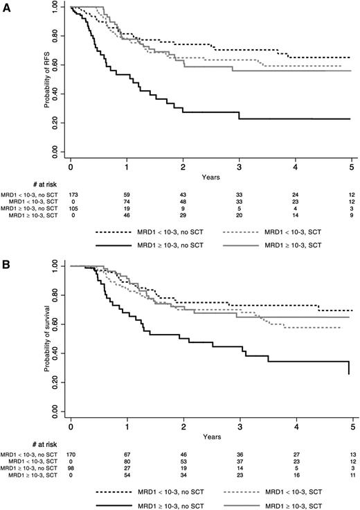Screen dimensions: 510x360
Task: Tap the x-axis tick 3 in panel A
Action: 240,168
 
